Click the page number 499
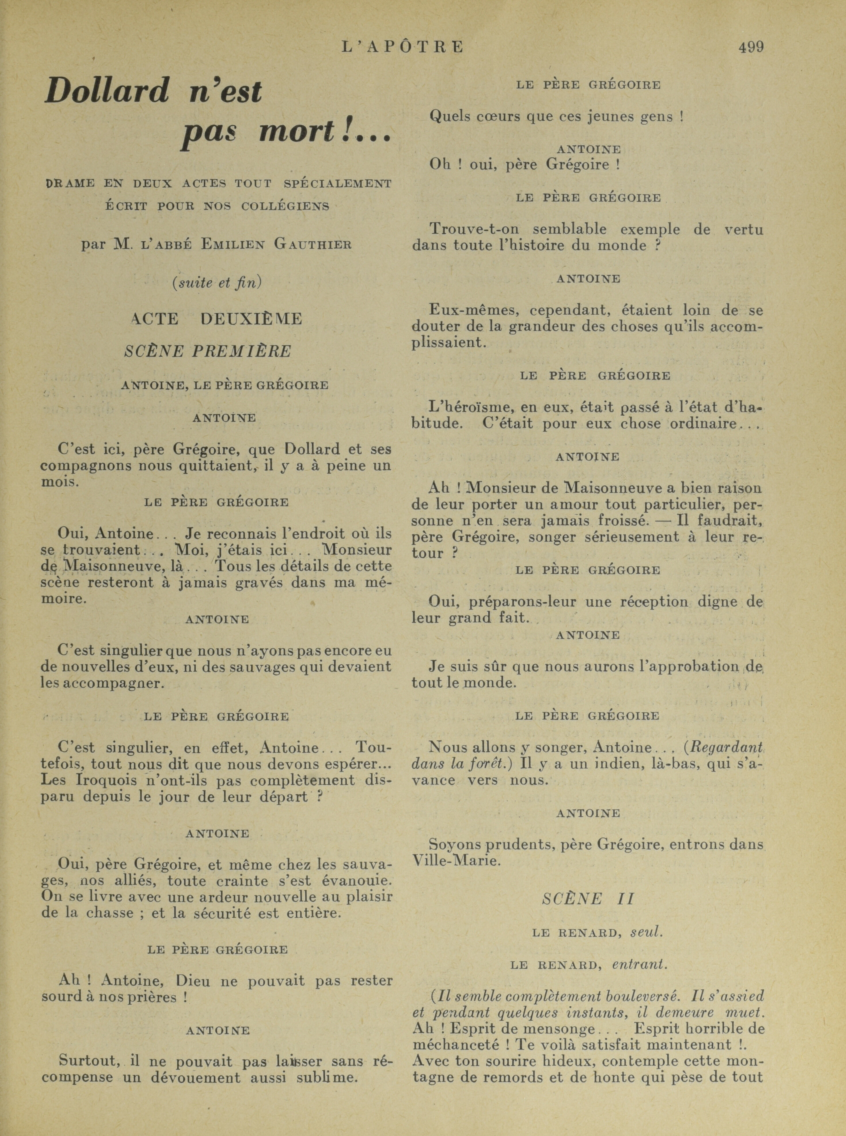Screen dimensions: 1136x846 (751, 47)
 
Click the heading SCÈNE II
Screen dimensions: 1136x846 (588, 899)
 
